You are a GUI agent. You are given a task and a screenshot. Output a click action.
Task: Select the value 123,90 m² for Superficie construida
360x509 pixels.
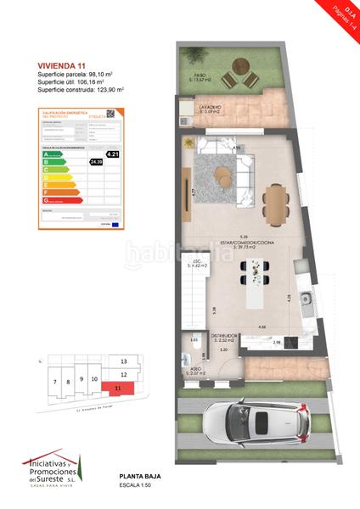click(x=109, y=89)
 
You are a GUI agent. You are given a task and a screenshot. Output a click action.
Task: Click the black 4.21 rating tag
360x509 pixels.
click(x=113, y=154)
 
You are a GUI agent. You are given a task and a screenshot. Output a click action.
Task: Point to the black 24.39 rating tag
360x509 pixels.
click(x=96, y=161)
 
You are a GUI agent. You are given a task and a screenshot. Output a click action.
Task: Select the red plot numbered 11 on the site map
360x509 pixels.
click(x=118, y=387)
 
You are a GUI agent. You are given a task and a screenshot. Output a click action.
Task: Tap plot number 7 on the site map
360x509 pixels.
click(x=54, y=383)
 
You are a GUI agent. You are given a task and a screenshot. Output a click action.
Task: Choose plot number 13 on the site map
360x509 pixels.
click(x=123, y=361)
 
